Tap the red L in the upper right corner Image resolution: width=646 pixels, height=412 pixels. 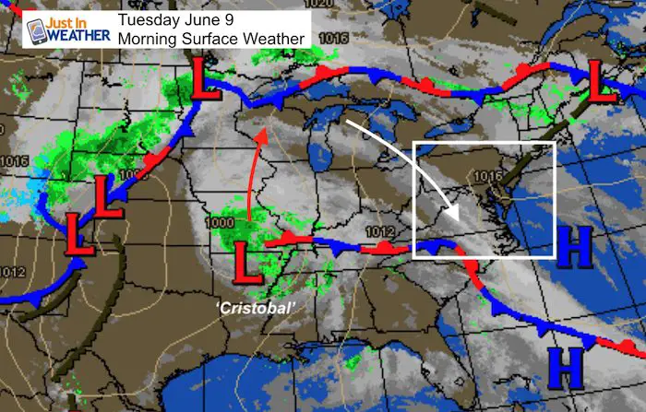[604, 83]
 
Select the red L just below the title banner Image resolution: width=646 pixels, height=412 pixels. [207, 80]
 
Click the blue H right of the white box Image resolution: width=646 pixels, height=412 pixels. [574, 242]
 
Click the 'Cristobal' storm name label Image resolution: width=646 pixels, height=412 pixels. [252, 304]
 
